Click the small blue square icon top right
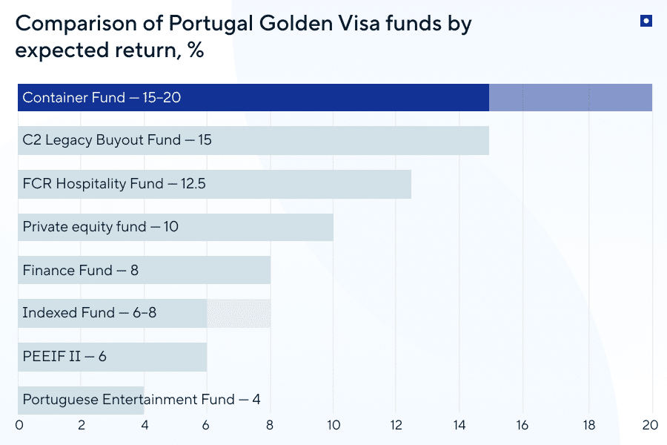pyautogui.click(x=646, y=22)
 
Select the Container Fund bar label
pyautogui.click(x=102, y=98)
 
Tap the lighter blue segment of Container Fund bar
pyautogui.click(x=571, y=98)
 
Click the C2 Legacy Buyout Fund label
pyautogui.click(x=117, y=140)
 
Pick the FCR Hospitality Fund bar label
pyautogui.click(x=114, y=184)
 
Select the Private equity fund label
pyautogui.click(x=100, y=227)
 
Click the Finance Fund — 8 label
pyautogui.click(x=80, y=271)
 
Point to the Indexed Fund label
pyautogui.click(x=89, y=313)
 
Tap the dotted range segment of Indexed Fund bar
pyautogui.click(x=239, y=313)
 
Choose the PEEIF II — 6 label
pyautogui.click(x=64, y=357)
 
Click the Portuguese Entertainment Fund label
pyautogui.click(x=141, y=400)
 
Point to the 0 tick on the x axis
pyautogui.click(x=19, y=426)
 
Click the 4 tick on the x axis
pyautogui.click(x=145, y=426)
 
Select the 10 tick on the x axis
pyautogui.click(x=333, y=426)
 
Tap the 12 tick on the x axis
pyautogui.click(x=396, y=426)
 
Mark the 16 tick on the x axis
pyautogui.click(x=524, y=426)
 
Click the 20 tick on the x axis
pyautogui.click(x=650, y=426)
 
